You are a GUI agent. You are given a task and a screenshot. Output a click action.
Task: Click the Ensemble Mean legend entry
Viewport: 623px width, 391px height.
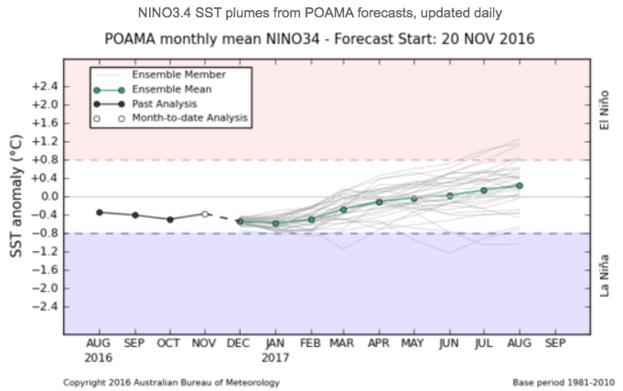172,89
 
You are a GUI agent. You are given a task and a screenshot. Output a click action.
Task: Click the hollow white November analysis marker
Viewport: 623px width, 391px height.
205,214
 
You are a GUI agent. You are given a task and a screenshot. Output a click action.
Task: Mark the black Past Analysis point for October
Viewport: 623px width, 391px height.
170,219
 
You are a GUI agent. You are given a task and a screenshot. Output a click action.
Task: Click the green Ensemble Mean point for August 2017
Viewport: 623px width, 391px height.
519,185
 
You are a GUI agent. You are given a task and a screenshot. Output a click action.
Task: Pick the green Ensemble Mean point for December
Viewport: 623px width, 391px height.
241,221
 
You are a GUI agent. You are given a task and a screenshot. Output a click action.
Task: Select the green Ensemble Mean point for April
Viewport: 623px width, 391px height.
379,201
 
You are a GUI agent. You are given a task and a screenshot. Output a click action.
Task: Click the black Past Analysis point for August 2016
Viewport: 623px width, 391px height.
100,212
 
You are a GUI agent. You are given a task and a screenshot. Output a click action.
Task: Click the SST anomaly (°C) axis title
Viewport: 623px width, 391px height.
16,194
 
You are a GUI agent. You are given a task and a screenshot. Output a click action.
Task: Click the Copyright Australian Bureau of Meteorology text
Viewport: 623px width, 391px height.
171,382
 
